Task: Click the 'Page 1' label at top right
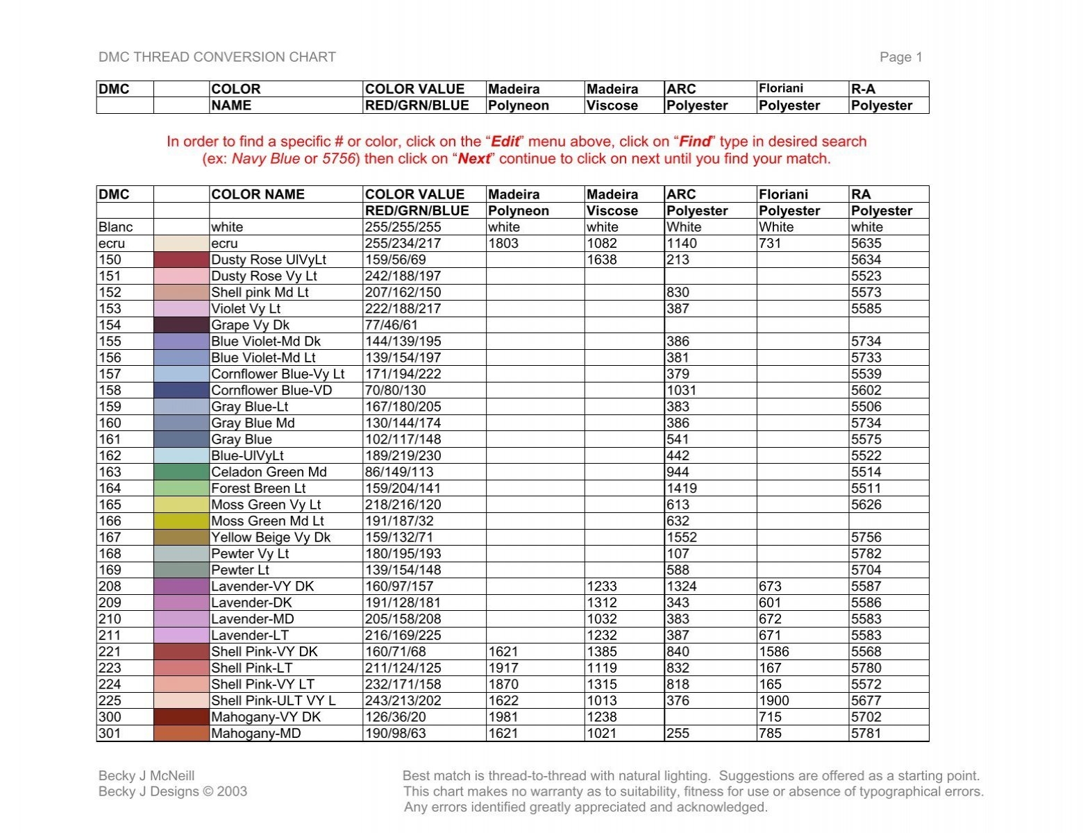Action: pos(900,58)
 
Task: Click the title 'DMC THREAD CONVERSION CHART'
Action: pos(217,58)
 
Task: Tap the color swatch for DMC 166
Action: pos(180,521)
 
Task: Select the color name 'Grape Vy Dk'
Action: pos(250,325)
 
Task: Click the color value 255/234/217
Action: pos(403,244)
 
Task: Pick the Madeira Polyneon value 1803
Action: pos(503,244)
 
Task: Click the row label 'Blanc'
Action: pos(115,227)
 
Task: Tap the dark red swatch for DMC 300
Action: pos(180,717)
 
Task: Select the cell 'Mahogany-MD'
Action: pos(255,734)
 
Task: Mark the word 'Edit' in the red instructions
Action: pos(505,142)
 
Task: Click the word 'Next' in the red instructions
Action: pos(474,159)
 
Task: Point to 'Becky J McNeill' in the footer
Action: pos(146,776)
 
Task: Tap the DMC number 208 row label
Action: pos(110,587)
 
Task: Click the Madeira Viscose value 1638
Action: pos(601,260)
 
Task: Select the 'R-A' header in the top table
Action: pos(863,89)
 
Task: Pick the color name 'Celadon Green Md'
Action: pos(269,472)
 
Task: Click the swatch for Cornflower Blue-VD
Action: pos(180,390)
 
